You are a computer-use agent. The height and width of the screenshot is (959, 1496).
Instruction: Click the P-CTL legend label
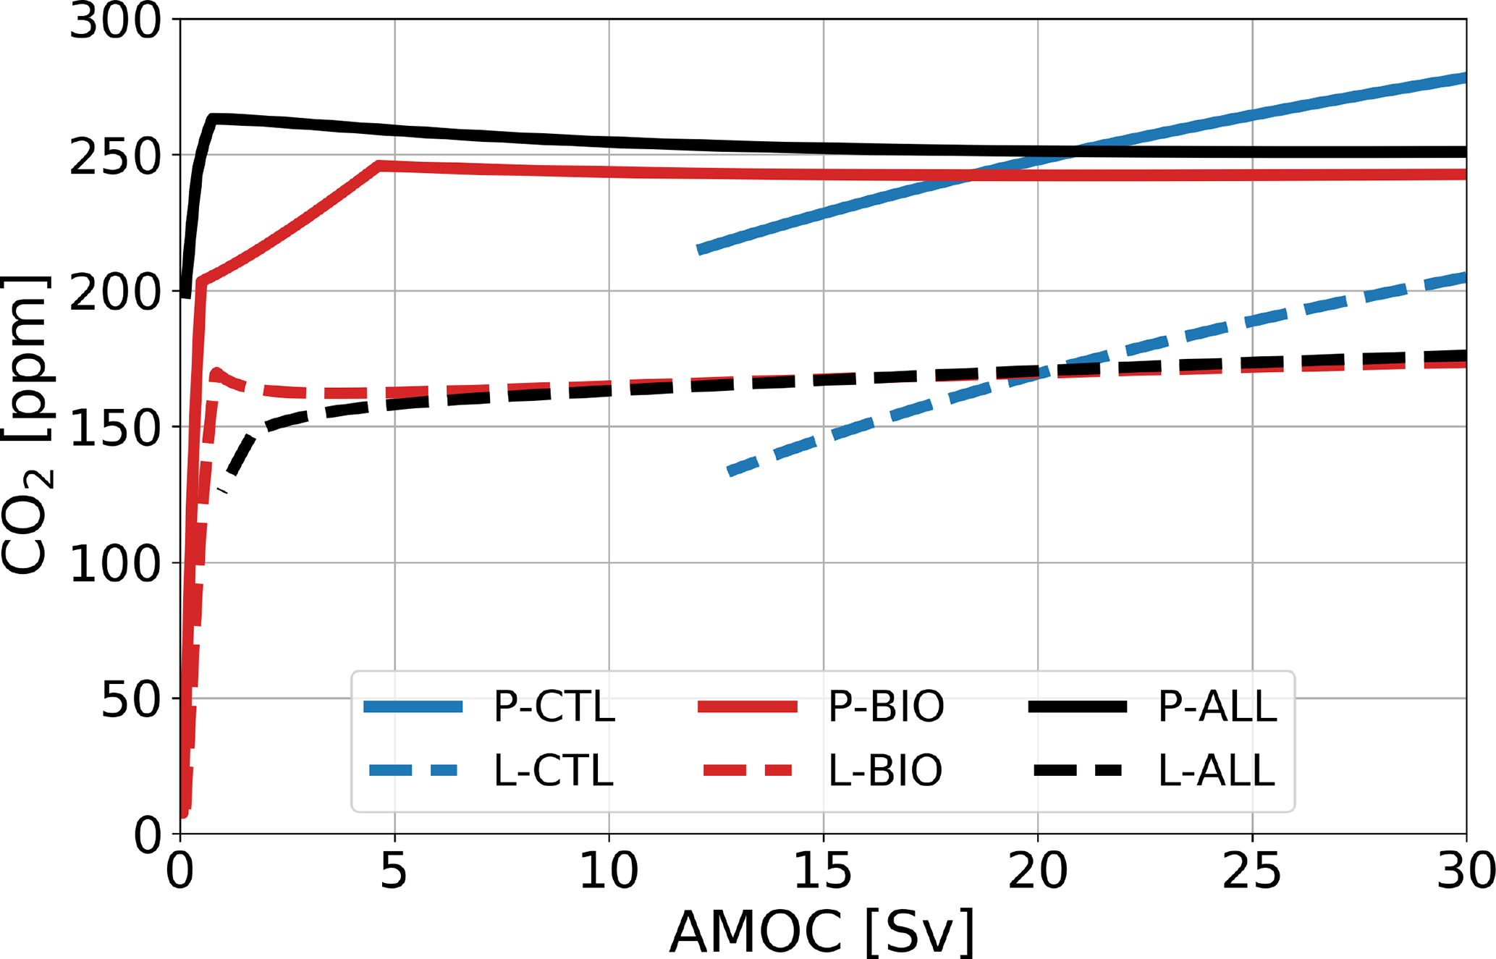point(554,706)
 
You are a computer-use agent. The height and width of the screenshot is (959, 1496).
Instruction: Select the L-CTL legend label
point(554,770)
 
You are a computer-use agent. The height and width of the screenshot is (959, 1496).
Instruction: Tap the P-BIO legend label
point(886,706)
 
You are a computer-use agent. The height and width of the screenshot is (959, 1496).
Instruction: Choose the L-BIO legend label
point(885,770)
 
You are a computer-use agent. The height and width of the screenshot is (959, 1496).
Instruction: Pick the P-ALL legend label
point(1217,706)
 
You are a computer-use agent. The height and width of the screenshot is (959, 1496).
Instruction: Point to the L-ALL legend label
point(1216,770)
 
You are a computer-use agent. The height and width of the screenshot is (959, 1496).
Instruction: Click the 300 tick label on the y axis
point(114,22)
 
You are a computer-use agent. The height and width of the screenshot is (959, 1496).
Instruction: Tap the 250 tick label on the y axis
point(114,157)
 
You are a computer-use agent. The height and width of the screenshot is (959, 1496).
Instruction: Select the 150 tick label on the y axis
point(114,428)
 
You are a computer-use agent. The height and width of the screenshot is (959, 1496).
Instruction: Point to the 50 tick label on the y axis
point(130,701)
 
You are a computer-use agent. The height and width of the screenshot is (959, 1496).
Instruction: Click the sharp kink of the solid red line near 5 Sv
point(379,166)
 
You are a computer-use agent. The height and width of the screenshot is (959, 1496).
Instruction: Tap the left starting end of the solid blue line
point(699,250)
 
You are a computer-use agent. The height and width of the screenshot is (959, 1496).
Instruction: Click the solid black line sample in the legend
point(1078,707)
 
